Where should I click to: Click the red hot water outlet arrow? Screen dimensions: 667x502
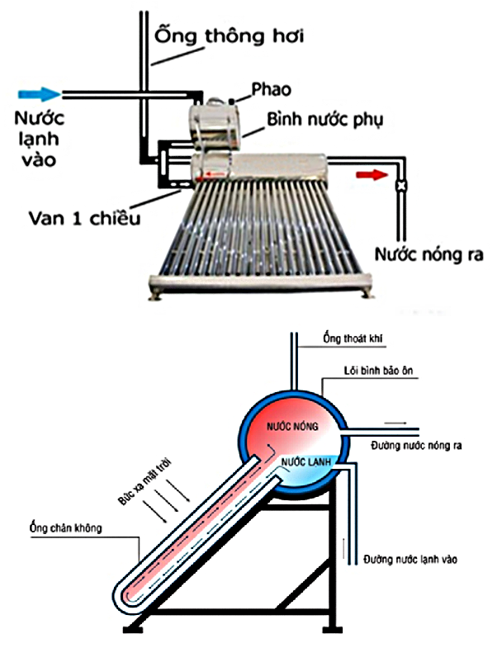[371, 174]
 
